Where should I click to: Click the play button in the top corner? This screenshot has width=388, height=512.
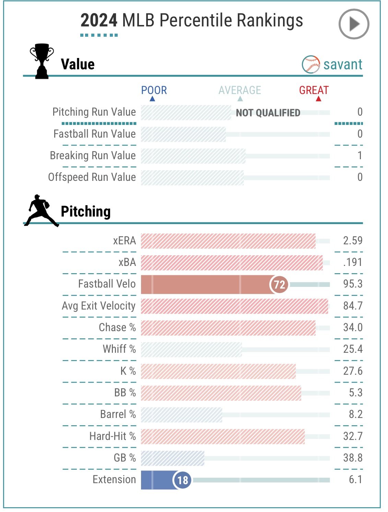(x=354, y=24)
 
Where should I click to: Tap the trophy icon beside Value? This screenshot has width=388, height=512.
(x=42, y=61)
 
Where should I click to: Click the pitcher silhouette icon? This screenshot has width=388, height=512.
(x=41, y=211)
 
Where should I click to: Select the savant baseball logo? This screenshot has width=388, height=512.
(x=311, y=64)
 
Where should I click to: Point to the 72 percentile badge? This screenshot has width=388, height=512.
(x=279, y=284)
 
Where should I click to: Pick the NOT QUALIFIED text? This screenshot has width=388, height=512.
(x=268, y=113)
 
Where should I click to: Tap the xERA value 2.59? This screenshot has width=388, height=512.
(x=353, y=241)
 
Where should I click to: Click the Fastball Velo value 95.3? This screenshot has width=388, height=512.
(x=353, y=284)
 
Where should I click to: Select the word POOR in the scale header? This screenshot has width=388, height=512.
(x=154, y=90)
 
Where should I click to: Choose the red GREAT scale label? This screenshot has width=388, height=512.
(x=314, y=90)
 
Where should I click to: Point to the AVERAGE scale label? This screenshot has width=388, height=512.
(x=240, y=90)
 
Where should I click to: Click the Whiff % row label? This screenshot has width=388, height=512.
(x=119, y=349)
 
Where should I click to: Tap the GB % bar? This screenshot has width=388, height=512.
(x=173, y=458)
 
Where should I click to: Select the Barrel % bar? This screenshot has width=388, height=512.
(x=181, y=415)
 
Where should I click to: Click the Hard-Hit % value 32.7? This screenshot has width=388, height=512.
(x=353, y=436)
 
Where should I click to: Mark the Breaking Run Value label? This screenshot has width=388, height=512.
(x=93, y=155)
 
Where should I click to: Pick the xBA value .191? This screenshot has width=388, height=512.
(x=353, y=262)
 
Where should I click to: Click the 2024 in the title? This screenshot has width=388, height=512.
(x=99, y=20)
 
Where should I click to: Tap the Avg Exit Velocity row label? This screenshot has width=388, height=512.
(x=99, y=306)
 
